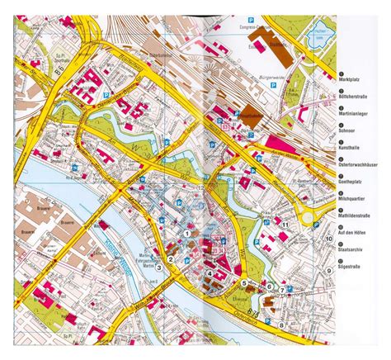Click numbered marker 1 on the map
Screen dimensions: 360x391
tap(188, 234)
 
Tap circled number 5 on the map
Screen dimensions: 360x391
tap(244, 282)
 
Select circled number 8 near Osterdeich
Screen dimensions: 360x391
tap(283, 324)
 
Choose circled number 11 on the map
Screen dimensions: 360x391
tap(284, 225)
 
